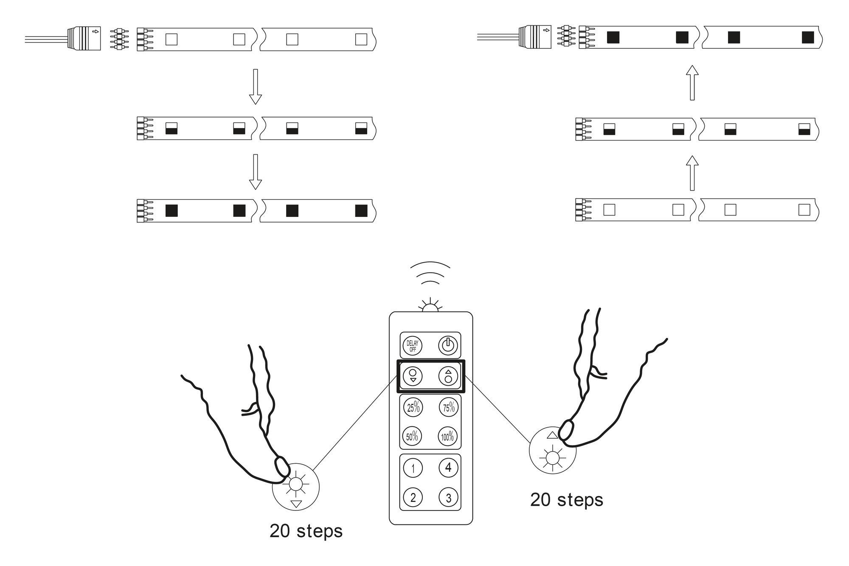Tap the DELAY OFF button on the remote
coord(412,346)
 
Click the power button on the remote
coord(448,346)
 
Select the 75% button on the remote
coord(448,408)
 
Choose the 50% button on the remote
coord(412,436)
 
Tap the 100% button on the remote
coord(448,436)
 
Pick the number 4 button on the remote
coord(448,468)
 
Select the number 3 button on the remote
coord(448,497)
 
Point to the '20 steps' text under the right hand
coord(566,500)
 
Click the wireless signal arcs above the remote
coord(430,274)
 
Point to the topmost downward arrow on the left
coord(255,87)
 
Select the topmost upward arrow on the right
coord(692,83)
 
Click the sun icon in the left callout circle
coord(295,484)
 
